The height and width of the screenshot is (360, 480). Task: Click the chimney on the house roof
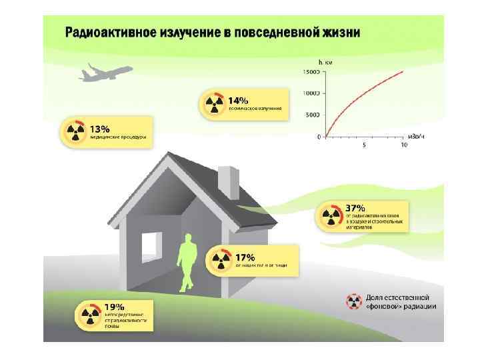(x=229, y=180)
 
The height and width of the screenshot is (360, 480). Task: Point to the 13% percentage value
(x=100, y=128)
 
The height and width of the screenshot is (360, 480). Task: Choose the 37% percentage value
(x=355, y=209)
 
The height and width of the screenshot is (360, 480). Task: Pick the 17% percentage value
(x=245, y=257)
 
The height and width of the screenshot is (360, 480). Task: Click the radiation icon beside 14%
(x=213, y=103)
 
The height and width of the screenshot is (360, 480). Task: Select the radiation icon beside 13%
(x=75, y=132)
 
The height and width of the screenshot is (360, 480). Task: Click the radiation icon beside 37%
(x=331, y=215)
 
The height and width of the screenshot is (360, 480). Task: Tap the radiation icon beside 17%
(x=221, y=261)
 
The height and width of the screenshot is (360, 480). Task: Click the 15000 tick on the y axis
(x=311, y=71)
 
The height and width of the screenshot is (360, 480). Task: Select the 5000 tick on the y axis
(x=313, y=115)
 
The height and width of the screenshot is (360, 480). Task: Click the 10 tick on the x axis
(x=403, y=145)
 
